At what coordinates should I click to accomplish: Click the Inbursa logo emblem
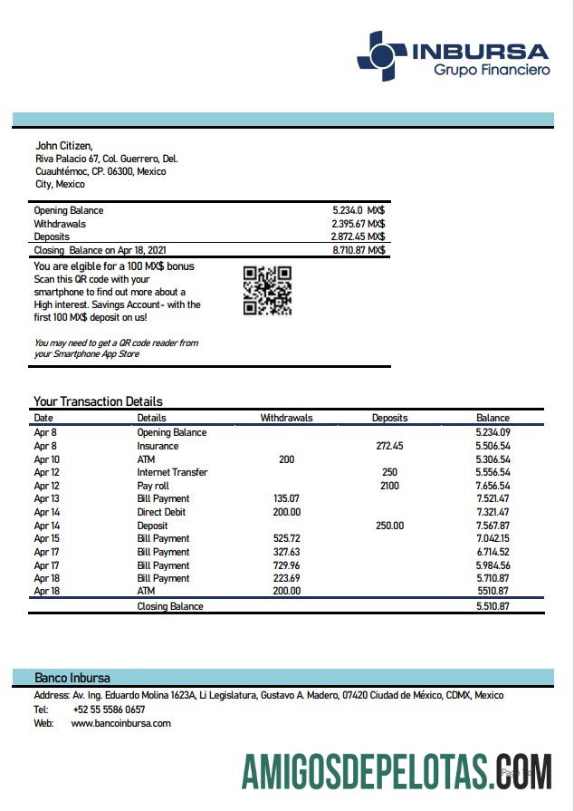381,55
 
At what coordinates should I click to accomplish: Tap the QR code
267,290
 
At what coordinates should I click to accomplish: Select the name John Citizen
63,145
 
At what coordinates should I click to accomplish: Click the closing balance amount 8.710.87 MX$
359,249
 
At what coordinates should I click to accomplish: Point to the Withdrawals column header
286,418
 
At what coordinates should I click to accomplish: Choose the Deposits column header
389,418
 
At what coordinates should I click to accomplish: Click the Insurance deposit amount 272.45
389,446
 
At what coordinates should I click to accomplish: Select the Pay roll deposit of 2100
389,486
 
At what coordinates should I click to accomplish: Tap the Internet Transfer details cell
172,472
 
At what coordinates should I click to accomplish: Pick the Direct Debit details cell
163,512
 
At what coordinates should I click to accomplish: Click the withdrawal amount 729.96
286,565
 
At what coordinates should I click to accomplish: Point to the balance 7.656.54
493,486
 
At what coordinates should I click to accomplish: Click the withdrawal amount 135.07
286,498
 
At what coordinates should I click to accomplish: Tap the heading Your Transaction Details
98,401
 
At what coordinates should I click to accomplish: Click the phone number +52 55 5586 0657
108,710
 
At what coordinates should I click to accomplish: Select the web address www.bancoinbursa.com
120,723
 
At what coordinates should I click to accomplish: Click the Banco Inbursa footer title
72,678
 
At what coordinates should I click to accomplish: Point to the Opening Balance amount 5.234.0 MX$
359,210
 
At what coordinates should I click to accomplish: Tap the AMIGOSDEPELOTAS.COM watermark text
397,771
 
